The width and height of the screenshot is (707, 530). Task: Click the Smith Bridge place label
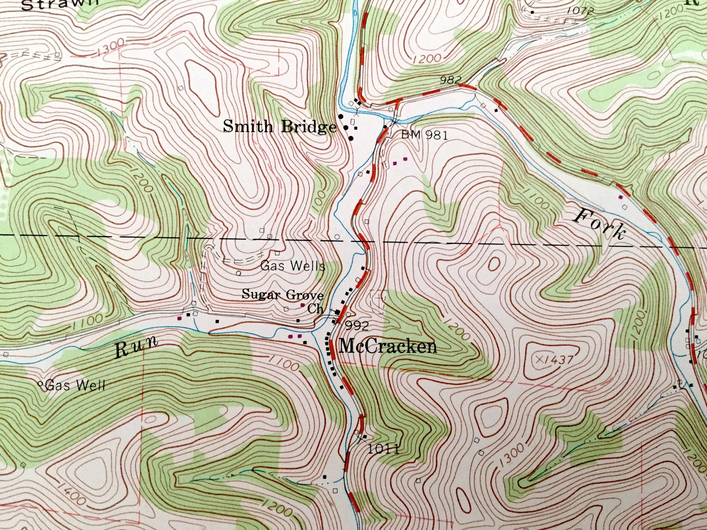[280, 127]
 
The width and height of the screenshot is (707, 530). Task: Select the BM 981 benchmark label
[424, 135]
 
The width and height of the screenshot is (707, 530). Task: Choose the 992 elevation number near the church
[357, 326]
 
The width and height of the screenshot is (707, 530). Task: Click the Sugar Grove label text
[283, 294]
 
